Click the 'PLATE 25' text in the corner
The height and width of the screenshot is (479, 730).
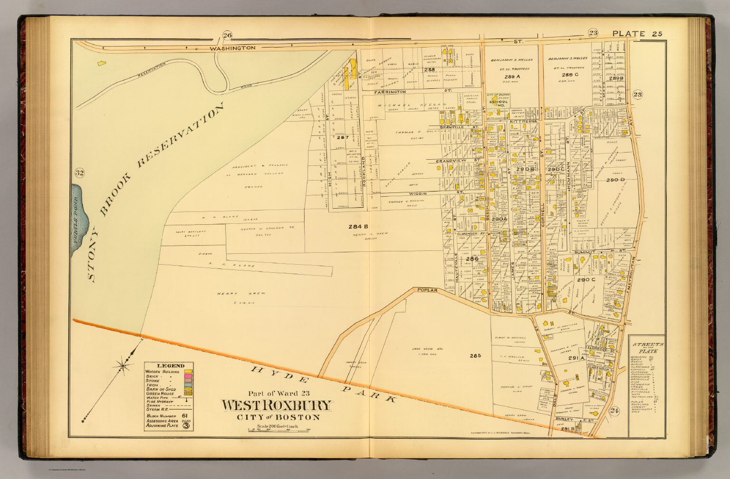(636, 33)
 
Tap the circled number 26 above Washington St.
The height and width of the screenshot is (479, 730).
(227, 34)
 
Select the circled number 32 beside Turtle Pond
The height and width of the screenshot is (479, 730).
(79, 172)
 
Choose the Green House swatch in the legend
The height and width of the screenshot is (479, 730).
(188, 394)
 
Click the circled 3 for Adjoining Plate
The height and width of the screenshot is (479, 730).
(186, 426)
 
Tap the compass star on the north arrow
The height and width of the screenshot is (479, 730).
(123, 365)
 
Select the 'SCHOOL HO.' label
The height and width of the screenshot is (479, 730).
(499, 104)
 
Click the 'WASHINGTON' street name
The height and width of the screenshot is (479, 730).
(233, 48)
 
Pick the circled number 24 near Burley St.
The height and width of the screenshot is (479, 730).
(615, 411)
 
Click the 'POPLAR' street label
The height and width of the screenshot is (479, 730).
(426, 289)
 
